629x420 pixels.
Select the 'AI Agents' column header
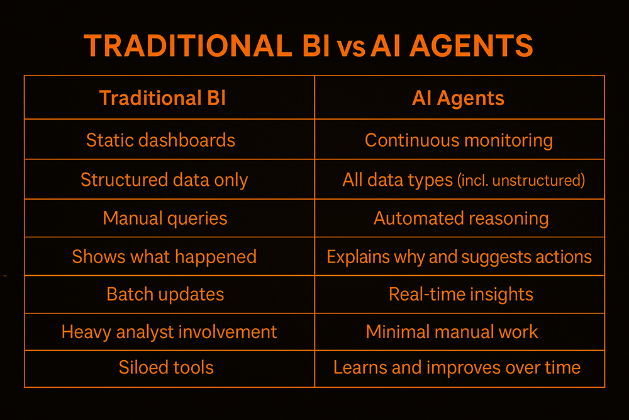tap(459, 98)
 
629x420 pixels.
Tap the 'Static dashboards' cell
tap(160, 140)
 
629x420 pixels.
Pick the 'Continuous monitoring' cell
tap(459, 140)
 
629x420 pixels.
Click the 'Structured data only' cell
tap(164, 180)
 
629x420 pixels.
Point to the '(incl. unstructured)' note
tap(520, 181)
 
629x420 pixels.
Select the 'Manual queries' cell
tap(165, 219)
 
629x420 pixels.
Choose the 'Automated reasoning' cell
tap(461, 219)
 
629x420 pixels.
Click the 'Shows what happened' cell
tap(164, 256)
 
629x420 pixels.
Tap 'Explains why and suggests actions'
tap(459, 257)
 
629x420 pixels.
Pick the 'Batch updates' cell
tap(165, 294)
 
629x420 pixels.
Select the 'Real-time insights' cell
tap(461, 294)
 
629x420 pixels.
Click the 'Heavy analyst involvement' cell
tap(169, 331)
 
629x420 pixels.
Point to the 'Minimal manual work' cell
tap(452, 331)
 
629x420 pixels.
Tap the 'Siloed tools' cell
tap(166, 368)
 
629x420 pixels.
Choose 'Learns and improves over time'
tap(457, 368)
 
